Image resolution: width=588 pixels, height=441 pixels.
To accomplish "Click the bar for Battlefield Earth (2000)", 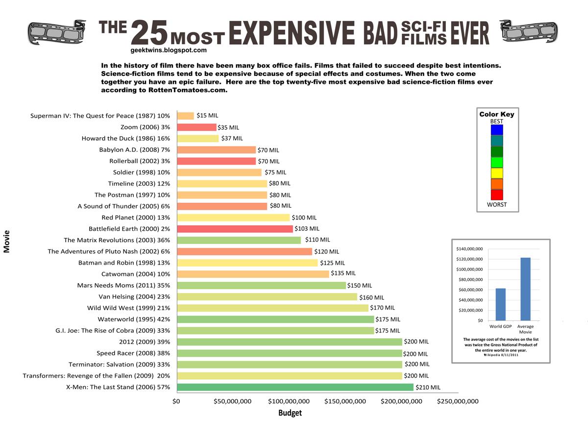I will click(235, 229).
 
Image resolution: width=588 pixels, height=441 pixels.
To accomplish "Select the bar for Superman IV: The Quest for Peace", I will click(185, 116).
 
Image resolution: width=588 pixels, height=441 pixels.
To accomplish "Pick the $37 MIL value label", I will click(232, 139).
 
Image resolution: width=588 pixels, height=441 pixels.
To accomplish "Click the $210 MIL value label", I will click(428, 387).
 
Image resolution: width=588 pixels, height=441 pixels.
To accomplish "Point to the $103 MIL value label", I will click(307, 229).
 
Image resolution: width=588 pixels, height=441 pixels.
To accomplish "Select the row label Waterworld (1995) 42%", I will click(134, 319).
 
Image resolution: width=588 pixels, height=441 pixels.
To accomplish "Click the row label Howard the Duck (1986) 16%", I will click(125, 139).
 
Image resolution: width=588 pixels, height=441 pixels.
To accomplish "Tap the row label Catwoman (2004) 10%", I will click(136, 274).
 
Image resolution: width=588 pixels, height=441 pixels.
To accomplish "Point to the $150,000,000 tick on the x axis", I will click(345, 401).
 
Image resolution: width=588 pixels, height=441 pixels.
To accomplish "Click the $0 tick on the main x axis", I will click(176, 401).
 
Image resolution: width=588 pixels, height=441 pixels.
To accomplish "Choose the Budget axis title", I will click(290, 413).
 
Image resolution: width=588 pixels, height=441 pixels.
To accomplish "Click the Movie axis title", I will click(7, 242).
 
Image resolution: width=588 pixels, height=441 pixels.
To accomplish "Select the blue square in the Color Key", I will click(497, 130).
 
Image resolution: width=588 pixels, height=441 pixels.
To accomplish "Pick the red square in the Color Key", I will click(497, 195).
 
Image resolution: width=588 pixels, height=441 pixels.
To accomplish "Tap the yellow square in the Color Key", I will click(497, 173).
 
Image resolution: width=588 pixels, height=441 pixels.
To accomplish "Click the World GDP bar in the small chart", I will click(500, 304).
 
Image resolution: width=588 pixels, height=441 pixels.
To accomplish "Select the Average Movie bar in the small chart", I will click(525, 289).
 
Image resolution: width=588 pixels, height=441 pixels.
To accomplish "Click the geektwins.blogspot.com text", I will click(169, 50).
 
